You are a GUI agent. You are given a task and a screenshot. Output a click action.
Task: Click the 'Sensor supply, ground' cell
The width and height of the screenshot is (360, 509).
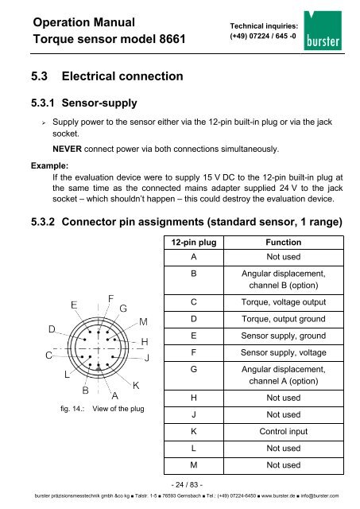(282, 336)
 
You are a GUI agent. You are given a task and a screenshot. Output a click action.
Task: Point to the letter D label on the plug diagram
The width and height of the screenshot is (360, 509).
(51, 328)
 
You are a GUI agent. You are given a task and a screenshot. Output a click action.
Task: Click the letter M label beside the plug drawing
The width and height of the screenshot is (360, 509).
(143, 322)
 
